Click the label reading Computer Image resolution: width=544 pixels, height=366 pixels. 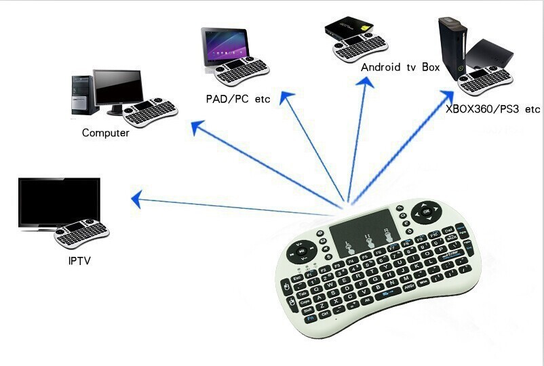pyautogui.click(x=105, y=133)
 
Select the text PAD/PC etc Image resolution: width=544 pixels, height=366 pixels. pyautogui.click(x=237, y=99)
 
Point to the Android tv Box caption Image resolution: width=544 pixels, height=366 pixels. pyautogui.click(x=400, y=67)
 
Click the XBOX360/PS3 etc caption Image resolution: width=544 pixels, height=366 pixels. pyautogui.click(x=492, y=108)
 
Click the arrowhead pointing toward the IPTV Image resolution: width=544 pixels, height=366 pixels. pyautogui.click(x=136, y=199)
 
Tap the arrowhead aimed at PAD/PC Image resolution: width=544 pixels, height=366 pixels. pyautogui.click(x=285, y=98)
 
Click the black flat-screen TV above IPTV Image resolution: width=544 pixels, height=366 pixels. pyautogui.click(x=59, y=201)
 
